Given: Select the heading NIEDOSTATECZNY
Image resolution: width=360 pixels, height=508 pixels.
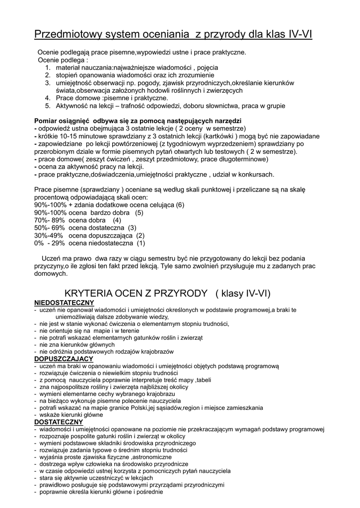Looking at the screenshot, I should click(x=64, y=303).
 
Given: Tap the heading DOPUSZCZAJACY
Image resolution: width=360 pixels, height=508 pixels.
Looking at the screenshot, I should click(x=64, y=359).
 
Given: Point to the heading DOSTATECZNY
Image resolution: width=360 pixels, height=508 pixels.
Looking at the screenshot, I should click(x=58, y=422).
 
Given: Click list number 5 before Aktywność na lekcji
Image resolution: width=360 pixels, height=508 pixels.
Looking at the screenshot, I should click(x=48, y=106).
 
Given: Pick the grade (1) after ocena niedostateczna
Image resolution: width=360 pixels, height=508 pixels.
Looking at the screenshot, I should click(x=141, y=244).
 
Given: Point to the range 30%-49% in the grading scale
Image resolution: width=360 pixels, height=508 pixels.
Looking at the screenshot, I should click(x=49, y=236).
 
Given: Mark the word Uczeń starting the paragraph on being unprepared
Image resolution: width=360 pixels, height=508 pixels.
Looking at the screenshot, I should click(x=51, y=258).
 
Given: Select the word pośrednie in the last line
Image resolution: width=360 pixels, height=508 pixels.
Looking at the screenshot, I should click(x=149, y=492).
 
